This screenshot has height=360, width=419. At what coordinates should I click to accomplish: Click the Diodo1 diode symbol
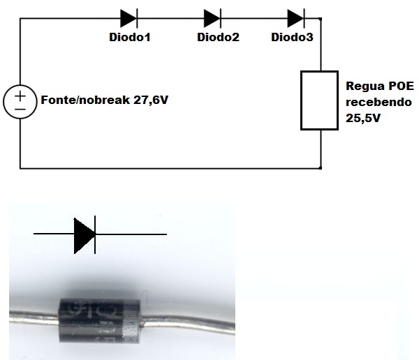coord(128,17)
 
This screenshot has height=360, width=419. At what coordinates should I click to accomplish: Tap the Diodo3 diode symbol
coord(296,17)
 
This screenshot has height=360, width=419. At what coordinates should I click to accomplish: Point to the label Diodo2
coord(218,37)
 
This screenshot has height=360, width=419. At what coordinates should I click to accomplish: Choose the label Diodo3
coord(292,37)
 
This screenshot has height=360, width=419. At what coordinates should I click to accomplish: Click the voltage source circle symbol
coord(20,100)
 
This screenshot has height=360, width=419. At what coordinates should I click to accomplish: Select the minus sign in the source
coord(20,108)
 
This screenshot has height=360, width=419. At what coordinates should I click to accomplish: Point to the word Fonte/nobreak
coord(83,100)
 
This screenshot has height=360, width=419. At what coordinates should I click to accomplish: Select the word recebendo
coord(378,103)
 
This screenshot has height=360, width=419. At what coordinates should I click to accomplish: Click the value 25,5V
coord(363,119)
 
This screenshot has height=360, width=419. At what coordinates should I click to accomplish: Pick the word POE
coord(400,87)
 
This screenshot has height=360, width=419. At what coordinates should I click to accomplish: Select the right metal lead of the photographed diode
coord(196,326)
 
